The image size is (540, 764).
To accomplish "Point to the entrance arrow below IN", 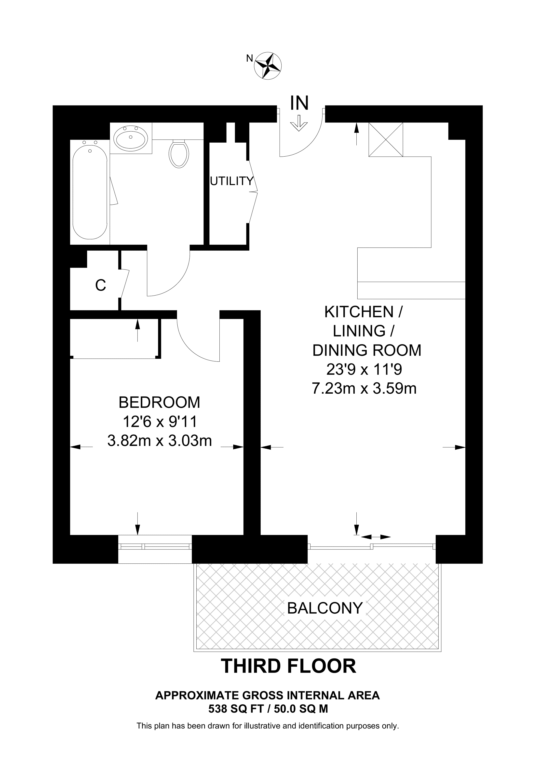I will (x=299, y=123).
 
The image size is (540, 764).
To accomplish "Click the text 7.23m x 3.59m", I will (x=364, y=388).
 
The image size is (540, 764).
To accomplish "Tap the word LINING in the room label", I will (x=359, y=331).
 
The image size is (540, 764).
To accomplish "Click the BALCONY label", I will (x=324, y=608).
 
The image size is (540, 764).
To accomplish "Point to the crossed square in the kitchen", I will (x=386, y=139).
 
